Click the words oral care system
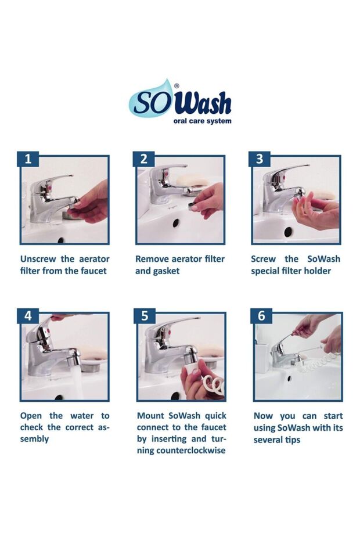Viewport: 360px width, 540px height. click(202, 121)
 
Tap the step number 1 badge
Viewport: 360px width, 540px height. click(28, 159)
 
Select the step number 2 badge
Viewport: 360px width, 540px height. click(143, 159)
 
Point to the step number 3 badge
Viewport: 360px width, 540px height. click(260, 159)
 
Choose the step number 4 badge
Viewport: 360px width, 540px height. click(28, 316)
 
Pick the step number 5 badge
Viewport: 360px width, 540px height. click(145, 316)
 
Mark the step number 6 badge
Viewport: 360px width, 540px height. click(261, 316)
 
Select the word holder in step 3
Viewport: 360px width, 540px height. click(316, 271)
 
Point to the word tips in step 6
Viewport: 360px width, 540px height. click(292, 440)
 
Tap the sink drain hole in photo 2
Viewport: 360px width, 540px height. click(176, 223)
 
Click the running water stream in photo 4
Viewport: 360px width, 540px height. click(77, 382)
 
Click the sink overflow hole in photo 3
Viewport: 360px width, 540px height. click(289, 232)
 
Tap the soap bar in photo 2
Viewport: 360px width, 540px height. click(192, 181)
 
